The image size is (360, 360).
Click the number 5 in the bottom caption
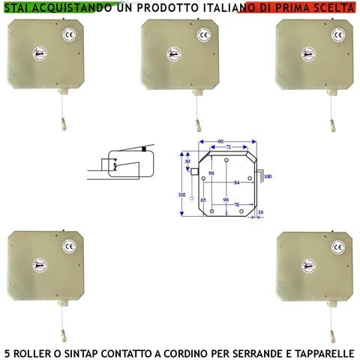7,351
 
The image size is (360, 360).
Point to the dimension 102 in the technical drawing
180,193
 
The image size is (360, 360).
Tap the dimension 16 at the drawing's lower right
260,212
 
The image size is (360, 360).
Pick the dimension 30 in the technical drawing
187,160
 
